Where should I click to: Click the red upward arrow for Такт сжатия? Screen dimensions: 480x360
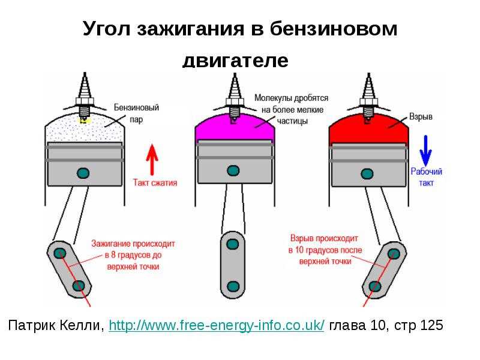pos(152,160)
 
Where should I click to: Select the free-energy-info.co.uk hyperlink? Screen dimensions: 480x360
pos(217,325)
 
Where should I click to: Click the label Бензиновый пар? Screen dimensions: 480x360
pos(137,113)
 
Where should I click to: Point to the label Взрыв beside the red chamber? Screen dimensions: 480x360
pos(421,116)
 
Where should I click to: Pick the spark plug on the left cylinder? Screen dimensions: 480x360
pos(85,95)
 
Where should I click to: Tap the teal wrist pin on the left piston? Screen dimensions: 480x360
pos(83,173)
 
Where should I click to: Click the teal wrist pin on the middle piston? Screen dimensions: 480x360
pos(233,170)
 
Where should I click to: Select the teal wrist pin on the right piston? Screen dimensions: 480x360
pos(367,174)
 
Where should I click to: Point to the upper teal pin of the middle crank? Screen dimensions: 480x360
pos(233,244)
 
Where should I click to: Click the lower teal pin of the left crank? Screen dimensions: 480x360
pos(79,286)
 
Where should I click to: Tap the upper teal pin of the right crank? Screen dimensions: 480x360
pos(394,254)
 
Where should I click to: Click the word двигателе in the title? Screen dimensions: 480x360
pos(235,61)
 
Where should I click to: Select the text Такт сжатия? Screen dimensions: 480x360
pos(155,183)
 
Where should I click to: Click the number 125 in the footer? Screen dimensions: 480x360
pos(431,325)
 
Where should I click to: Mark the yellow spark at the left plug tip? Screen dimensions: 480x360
pos(85,121)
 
